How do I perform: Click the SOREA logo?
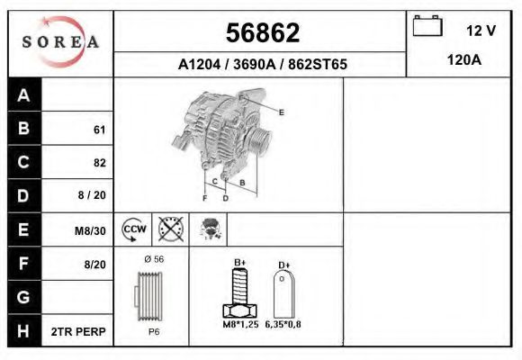pyautogui.click(x=60, y=41)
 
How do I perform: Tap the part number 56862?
pyautogui.click(x=263, y=33)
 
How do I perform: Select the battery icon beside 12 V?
pyautogui.click(x=427, y=25)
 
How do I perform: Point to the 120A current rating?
pyautogui.click(x=464, y=60)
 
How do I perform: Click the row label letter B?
pyautogui.click(x=23, y=128)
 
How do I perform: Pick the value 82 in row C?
pyautogui.click(x=100, y=163)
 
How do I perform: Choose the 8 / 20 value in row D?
pyautogui.click(x=92, y=195)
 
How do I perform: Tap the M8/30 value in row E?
pyautogui.click(x=90, y=230)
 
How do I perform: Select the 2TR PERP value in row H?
pyautogui.click(x=78, y=332)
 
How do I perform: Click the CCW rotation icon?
pyautogui.click(x=134, y=229)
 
